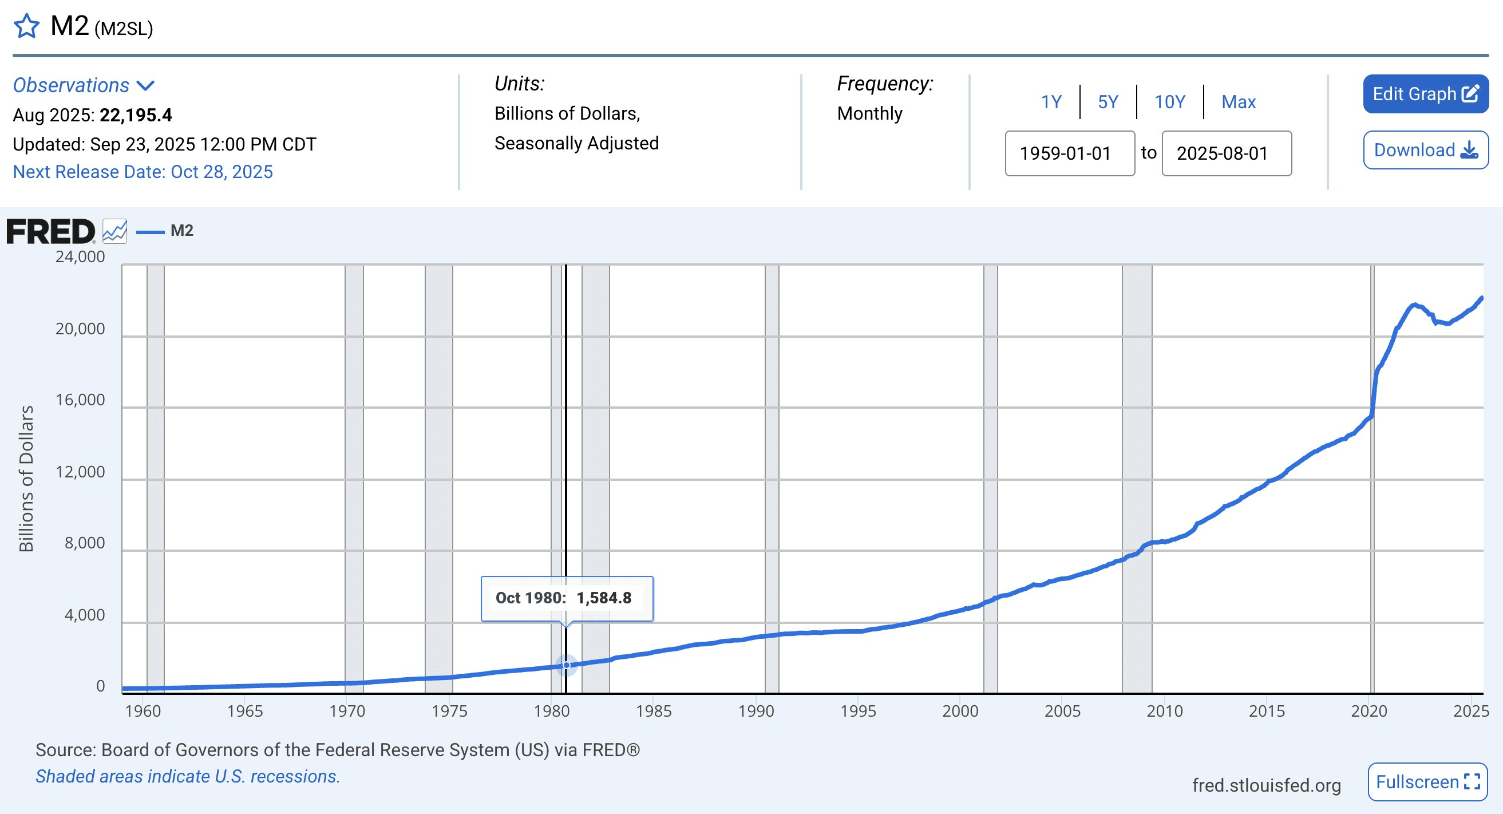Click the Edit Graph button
tap(1425, 94)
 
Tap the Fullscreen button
tap(1427, 782)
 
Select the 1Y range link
tap(1051, 102)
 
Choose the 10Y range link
tap(1169, 102)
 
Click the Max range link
tap(1238, 102)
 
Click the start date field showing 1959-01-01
tap(1070, 153)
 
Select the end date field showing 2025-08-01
tap(1227, 153)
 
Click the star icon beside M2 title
tap(26, 26)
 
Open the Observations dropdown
tap(84, 86)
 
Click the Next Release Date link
tap(143, 172)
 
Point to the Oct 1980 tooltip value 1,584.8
tap(604, 598)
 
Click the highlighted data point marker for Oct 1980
tap(567, 665)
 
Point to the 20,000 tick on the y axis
tap(81, 329)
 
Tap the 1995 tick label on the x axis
tap(859, 712)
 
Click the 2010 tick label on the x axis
tap(1165, 712)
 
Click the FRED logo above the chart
tap(51, 232)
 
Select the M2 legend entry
tap(181, 231)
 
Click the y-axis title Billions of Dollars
tap(26, 479)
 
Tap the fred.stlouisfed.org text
tap(1266, 785)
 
